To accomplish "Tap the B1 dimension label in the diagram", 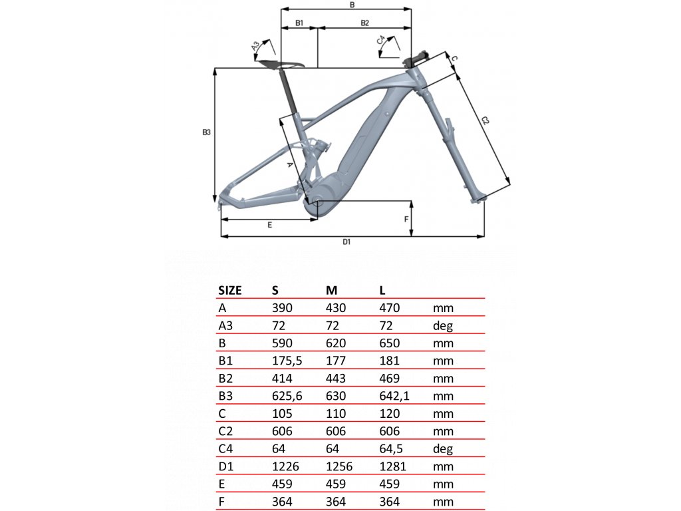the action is [299, 23].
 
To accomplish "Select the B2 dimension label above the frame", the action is [365, 23].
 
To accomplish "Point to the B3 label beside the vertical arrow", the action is [206, 132].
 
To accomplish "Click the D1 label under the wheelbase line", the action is [346, 242].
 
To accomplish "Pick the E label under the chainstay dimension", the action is [270, 225].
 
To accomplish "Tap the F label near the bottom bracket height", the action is [406, 220].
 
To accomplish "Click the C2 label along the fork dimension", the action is [485, 121].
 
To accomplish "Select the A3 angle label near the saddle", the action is [256, 46].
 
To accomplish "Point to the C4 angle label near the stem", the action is [381, 41].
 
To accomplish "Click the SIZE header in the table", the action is [229, 290].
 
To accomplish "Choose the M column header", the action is [331, 290].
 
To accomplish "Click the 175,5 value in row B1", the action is [287, 361].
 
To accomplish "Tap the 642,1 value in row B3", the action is [394, 396].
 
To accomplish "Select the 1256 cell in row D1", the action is [339, 466].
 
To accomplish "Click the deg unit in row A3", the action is [443, 326].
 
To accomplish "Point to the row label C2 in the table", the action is [226, 431].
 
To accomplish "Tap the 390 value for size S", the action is [282, 308].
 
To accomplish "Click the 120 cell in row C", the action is [390, 413].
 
